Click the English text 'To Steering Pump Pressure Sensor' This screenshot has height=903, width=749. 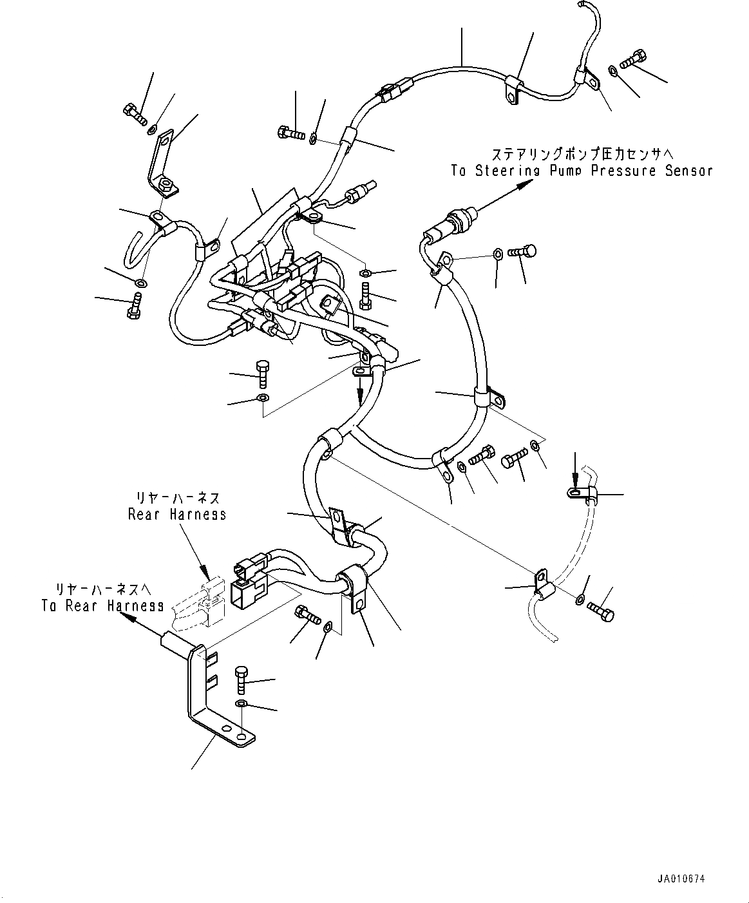point(581,171)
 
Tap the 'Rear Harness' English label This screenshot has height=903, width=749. point(176,514)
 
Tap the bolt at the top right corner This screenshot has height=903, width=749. point(634,58)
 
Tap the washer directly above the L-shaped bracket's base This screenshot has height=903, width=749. point(241,702)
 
